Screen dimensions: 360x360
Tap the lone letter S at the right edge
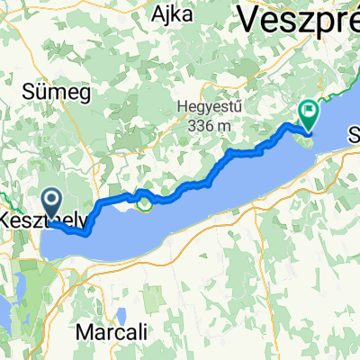coord(354,137)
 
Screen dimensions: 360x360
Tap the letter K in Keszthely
coord(5,220)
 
